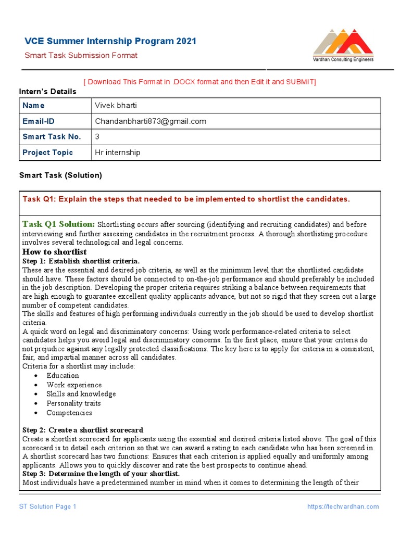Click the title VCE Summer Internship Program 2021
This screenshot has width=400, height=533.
click(x=110, y=41)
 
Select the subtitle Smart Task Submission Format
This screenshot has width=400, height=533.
click(x=81, y=56)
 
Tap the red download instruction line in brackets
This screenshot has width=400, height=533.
click(x=200, y=82)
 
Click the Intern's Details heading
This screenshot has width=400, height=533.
click(x=48, y=92)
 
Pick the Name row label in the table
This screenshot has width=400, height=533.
click(x=34, y=106)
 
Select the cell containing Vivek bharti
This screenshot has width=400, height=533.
click(x=116, y=106)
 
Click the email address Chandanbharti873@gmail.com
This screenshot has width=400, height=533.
click(x=150, y=121)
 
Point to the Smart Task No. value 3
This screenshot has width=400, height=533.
click(x=97, y=136)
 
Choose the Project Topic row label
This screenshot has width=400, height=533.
click(x=48, y=153)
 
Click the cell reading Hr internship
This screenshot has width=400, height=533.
click(x=117, y=153)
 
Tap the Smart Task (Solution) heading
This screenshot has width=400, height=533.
click(x=60, y=175)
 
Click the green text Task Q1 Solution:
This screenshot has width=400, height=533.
click(x=58, y=224)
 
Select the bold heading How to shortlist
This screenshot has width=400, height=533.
click(x=54, y=252)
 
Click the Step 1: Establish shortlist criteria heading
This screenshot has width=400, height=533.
click(x=81, y=261)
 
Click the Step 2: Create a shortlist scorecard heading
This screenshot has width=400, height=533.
click(x=82, y=430)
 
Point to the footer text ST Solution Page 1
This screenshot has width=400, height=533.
click(x=48, y=506)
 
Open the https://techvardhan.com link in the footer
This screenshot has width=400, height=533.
click(x=343, y=506)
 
